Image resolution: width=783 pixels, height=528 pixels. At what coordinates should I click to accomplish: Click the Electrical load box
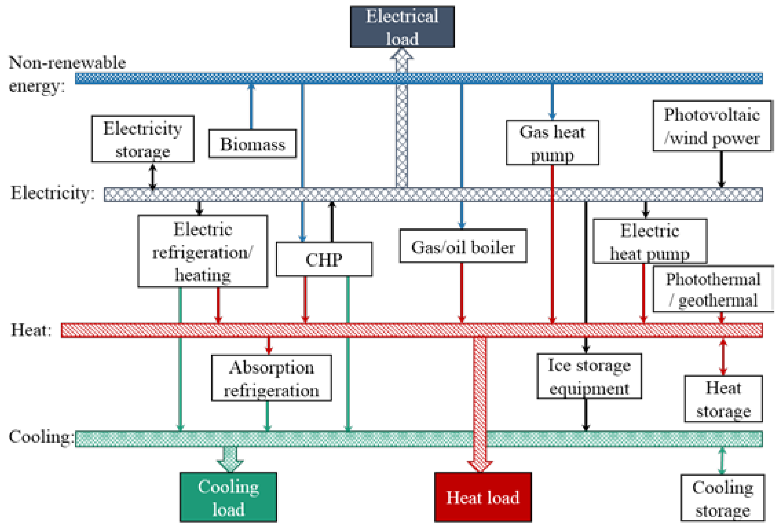[x=402, y=27]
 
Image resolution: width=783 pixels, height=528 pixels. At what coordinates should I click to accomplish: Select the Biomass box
[x=253, y=144]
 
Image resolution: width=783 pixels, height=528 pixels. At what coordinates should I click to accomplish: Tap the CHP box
[x=324, y=259]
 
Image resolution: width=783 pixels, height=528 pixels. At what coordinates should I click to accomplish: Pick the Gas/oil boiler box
[x=463, y=246]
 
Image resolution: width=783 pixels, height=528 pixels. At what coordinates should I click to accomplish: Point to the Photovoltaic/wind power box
[x=712, y=126]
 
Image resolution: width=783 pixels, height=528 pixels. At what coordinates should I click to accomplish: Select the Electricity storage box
[x=143, y=139]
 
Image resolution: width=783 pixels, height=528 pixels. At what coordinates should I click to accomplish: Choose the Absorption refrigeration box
[x=271, y=378]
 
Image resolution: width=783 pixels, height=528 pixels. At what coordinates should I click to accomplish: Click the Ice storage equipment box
[x=589, y=376]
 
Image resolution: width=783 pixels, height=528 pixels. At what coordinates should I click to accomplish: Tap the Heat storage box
[x=723, y=399]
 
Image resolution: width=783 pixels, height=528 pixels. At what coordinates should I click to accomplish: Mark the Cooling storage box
[x=722, y=498]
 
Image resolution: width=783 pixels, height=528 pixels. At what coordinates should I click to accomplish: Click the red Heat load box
[x=483, y=497]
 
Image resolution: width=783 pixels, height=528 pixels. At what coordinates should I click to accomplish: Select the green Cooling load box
[x=228, y=497]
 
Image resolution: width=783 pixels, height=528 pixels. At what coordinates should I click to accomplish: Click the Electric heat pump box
[x=650, y=241]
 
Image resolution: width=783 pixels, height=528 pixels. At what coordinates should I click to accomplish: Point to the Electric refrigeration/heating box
[x=203, y=251]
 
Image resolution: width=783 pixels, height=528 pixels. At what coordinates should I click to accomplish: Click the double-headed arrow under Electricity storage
[x=153, y=177]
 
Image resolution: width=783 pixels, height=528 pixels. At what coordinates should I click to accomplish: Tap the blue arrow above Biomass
[x=251, y=106]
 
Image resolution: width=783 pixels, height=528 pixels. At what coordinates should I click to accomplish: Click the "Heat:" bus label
[x=31, y=330]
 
